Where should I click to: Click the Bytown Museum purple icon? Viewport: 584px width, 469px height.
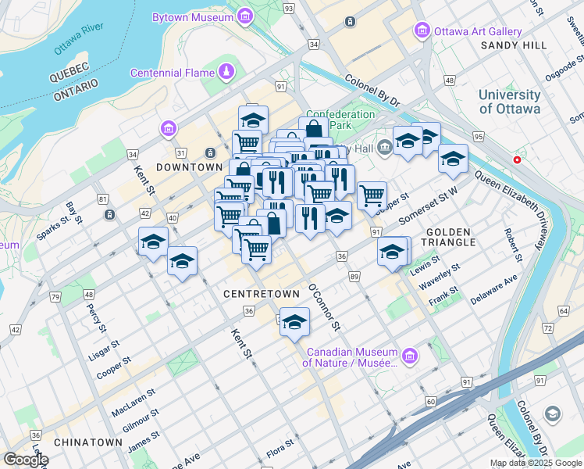pyautogui.click(x=245, y=16)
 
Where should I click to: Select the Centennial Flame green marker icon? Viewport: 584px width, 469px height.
pyautogui.click(x=226, y=73)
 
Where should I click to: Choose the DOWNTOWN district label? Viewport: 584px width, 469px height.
pyautogui.click(x=189, y=167)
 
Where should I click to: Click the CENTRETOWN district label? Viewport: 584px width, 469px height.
pyautogui.click(x=262, y=294)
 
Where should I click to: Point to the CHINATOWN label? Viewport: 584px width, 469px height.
pyautogui.click(x=88, y=442)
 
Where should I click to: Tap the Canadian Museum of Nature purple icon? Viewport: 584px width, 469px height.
pyautogui.click(x=409, y=356)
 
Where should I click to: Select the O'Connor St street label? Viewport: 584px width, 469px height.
pyautogui.click(x=325, y=306)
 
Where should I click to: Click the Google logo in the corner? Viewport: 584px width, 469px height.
pyautogui.click(x=25, y=460)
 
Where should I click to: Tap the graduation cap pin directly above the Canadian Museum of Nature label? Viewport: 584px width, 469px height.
pyautogui.click(x=294, y=321)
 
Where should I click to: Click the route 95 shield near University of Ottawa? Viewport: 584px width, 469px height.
pyautogui.click(x=478, y=137)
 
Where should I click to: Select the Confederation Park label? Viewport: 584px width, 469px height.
pyautogui.click(x=340, y=120)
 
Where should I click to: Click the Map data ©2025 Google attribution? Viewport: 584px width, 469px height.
pyautogui.click(x=536, y=463)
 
